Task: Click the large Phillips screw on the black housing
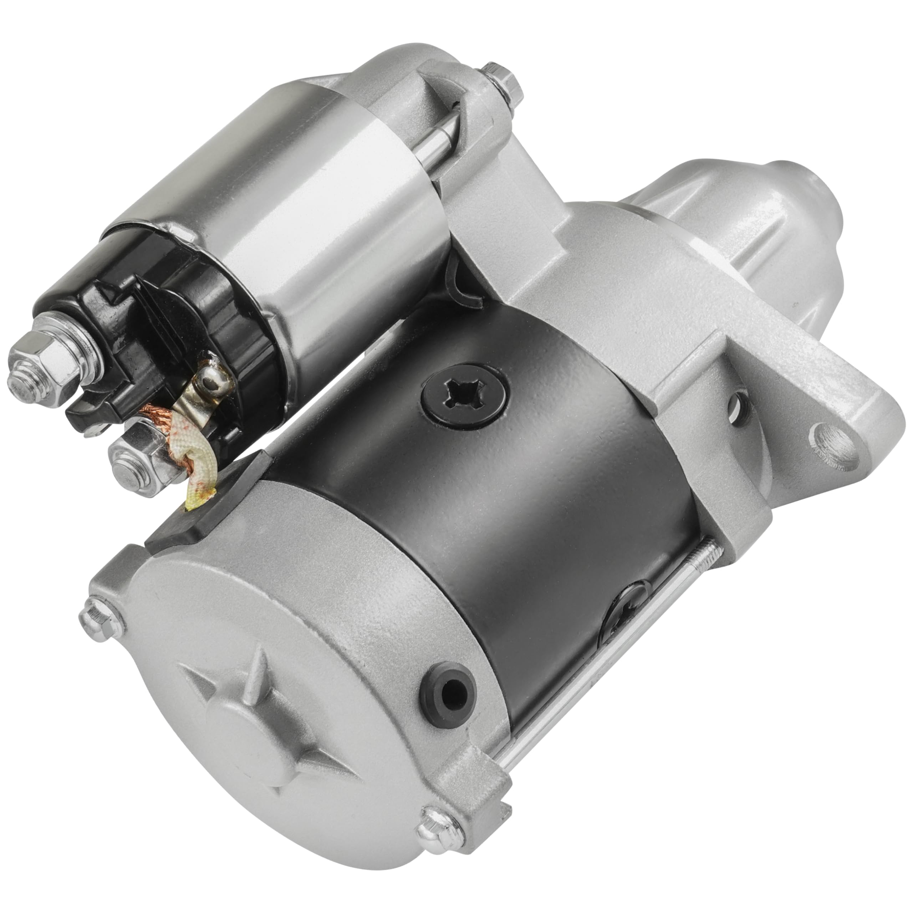(465, 394)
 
